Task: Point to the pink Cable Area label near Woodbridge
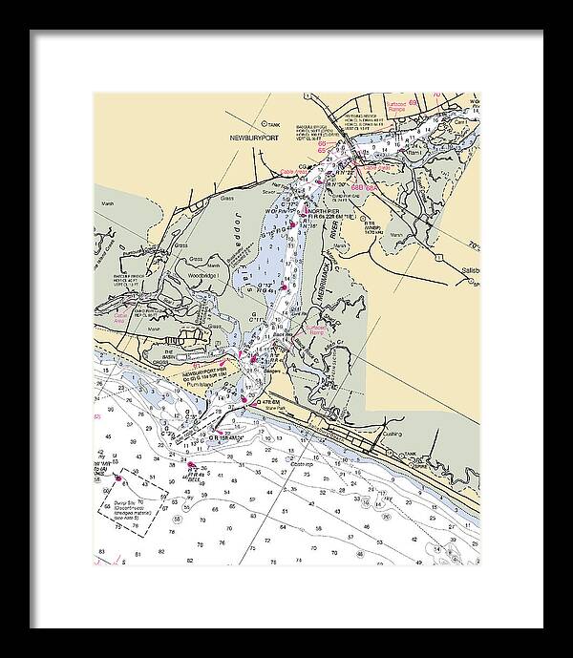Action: click(x=121, y=321)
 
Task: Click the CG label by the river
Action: click(x=301, y=168)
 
